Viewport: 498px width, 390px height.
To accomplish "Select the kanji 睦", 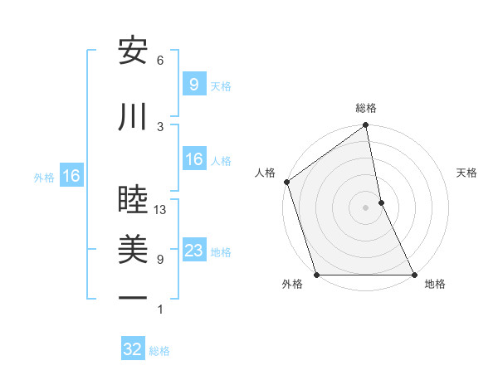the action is click(x=133, y=200).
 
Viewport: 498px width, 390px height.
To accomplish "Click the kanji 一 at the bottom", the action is click(x=133, y=298).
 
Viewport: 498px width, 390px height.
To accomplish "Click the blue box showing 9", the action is click(x=193, y=84).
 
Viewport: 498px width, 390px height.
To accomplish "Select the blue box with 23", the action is click(x=193, y=251).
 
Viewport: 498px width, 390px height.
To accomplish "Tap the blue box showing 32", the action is click(x=133, y=349).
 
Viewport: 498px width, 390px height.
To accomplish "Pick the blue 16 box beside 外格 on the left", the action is click(x=71, y=176).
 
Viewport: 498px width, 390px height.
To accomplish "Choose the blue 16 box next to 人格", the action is click(x=193, y=159).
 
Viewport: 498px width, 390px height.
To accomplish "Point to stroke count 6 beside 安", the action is click(x=160, y=61).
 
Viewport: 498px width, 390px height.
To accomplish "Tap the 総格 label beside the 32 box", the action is click(x=159, y=351).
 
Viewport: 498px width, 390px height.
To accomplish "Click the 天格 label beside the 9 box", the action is click(x=221, y=85).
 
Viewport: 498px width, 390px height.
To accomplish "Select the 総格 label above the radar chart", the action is click(x=366, y=108).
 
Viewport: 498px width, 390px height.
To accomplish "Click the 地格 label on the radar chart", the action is click(x=435, y=285).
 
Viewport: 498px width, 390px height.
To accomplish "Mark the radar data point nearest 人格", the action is click(x=286, y=182).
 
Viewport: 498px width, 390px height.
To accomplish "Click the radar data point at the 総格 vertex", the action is click(x=365, y=126).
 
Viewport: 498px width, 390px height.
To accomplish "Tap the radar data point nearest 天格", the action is click(x=381, y=202).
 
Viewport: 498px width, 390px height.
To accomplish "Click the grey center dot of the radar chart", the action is click(x=365, y=207).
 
